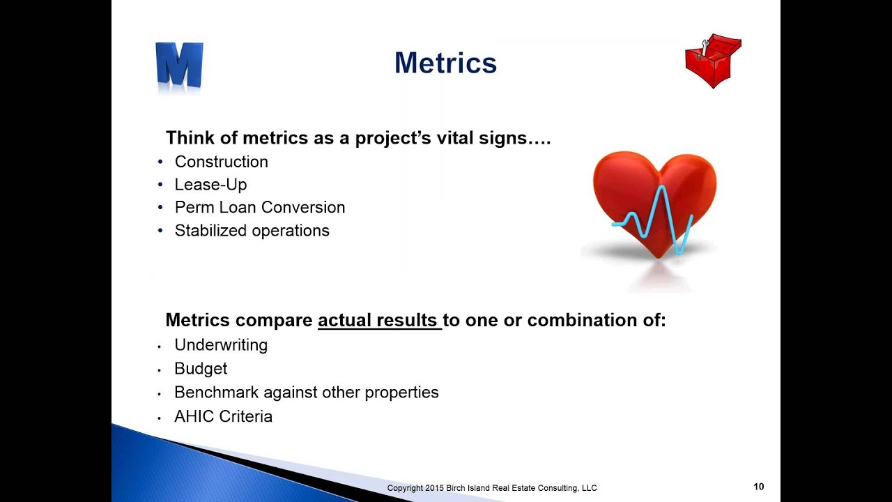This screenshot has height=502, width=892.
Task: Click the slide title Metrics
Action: coord(445,63)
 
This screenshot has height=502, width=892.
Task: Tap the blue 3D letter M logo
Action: coord(179,66)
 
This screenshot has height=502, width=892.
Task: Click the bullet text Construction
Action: coord(221,162)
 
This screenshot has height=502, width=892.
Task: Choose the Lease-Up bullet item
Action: coord(210,185)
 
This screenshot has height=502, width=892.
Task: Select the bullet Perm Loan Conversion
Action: coord(259,208)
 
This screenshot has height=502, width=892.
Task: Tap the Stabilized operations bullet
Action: coord(252,231)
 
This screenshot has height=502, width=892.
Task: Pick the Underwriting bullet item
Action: coord(220,345)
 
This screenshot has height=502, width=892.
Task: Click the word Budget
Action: coord(201,369)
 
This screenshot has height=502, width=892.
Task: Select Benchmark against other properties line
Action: coord(306,393)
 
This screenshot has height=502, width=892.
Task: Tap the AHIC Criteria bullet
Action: coord(223,416)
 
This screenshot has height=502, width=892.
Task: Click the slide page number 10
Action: coord(758,487)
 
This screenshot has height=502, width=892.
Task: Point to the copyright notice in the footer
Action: coord(492,488)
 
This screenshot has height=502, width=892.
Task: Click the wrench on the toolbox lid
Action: coord(705,48)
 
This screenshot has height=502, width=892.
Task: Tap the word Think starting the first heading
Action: coord(187,138)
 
